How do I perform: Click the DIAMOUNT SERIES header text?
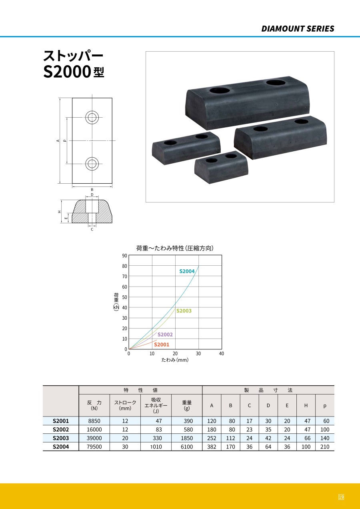298,29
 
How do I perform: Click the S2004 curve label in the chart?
187,271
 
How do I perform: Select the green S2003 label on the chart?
184,311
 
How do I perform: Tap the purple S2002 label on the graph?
165,334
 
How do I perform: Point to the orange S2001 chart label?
162,345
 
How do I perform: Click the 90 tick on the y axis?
124,256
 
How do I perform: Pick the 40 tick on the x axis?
222,353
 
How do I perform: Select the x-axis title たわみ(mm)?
175,360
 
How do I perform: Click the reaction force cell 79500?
94,447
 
